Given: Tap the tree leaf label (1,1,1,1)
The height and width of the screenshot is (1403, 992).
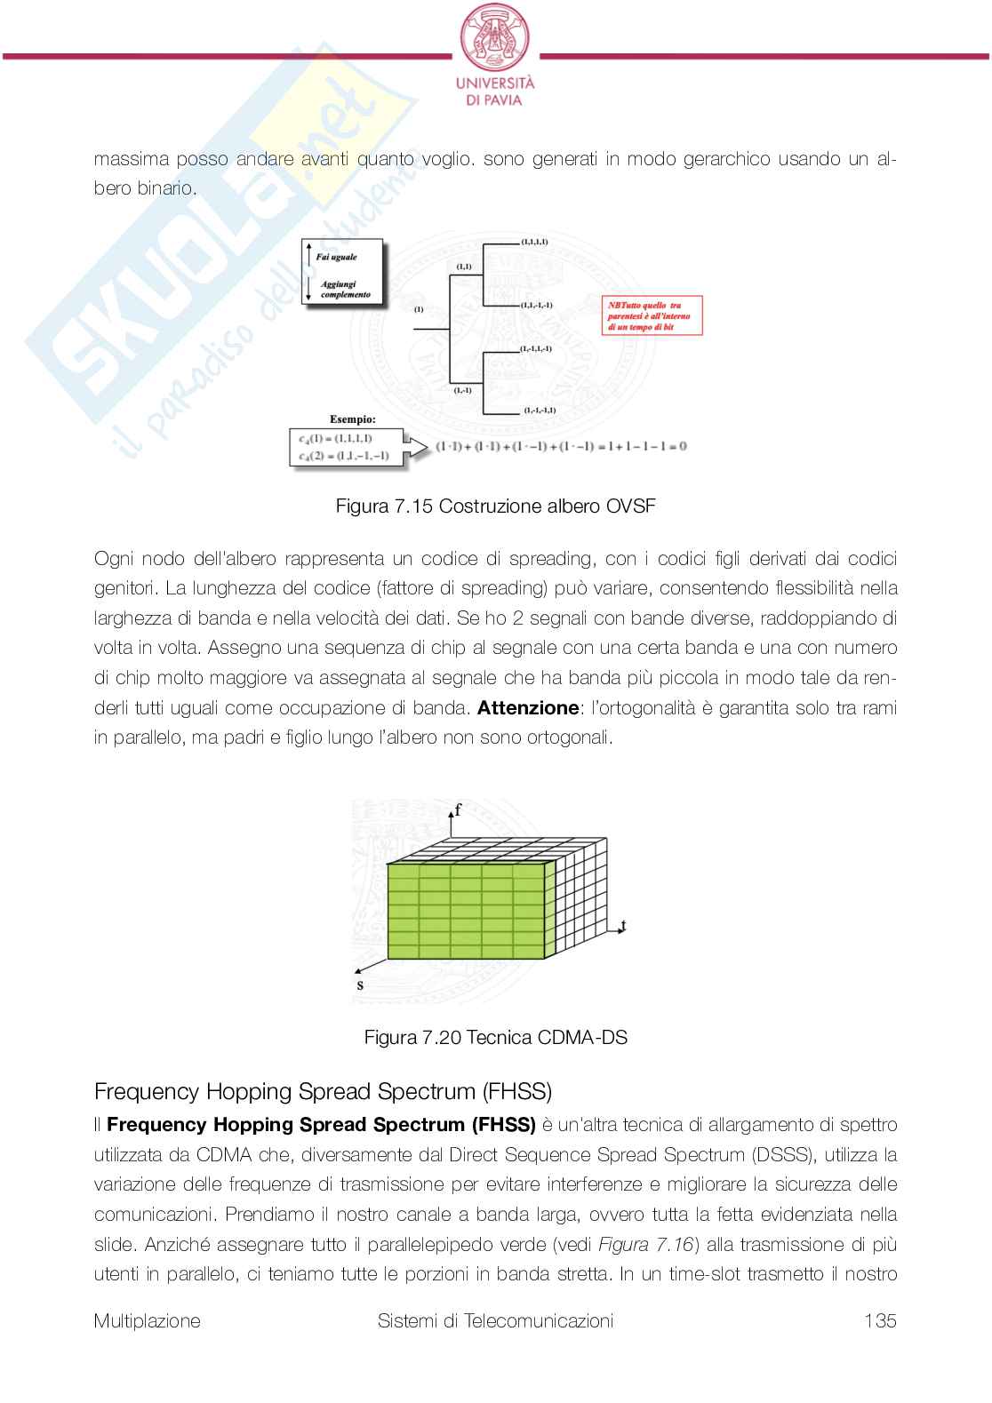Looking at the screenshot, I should pos(534,241).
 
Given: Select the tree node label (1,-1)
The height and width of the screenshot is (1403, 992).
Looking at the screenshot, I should pos(463,390).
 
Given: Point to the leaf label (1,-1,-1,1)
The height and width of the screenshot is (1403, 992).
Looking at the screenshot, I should pos(540,411).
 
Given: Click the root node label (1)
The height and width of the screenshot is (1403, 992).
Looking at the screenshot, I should pos(418,309).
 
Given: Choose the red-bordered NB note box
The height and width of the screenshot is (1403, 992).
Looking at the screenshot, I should pos(652,315).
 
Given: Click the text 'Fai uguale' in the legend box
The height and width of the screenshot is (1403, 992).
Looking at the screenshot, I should pos(338,257).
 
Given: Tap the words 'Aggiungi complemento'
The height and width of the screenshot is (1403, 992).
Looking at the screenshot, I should pos(345,290).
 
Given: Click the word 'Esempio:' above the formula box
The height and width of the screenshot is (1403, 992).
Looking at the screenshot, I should pos(353,419).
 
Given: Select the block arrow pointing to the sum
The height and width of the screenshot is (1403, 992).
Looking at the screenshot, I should pos(415,447).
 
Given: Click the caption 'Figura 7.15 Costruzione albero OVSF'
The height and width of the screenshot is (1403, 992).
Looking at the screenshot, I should pos(495,506).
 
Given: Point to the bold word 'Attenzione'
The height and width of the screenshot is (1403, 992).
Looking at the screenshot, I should pos(528,708).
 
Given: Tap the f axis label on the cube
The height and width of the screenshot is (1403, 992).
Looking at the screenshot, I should pos(458,809).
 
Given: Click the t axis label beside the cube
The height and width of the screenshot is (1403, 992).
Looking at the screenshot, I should pos(623,926).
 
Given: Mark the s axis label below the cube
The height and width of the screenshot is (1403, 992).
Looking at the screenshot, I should pos(359,984).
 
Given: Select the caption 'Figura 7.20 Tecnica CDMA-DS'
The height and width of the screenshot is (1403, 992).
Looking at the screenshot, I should pos(495,1037).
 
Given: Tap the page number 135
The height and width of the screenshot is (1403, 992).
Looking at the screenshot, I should pos(880,1320).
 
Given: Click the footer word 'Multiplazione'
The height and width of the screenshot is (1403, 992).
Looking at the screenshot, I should pos(147,1320).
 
